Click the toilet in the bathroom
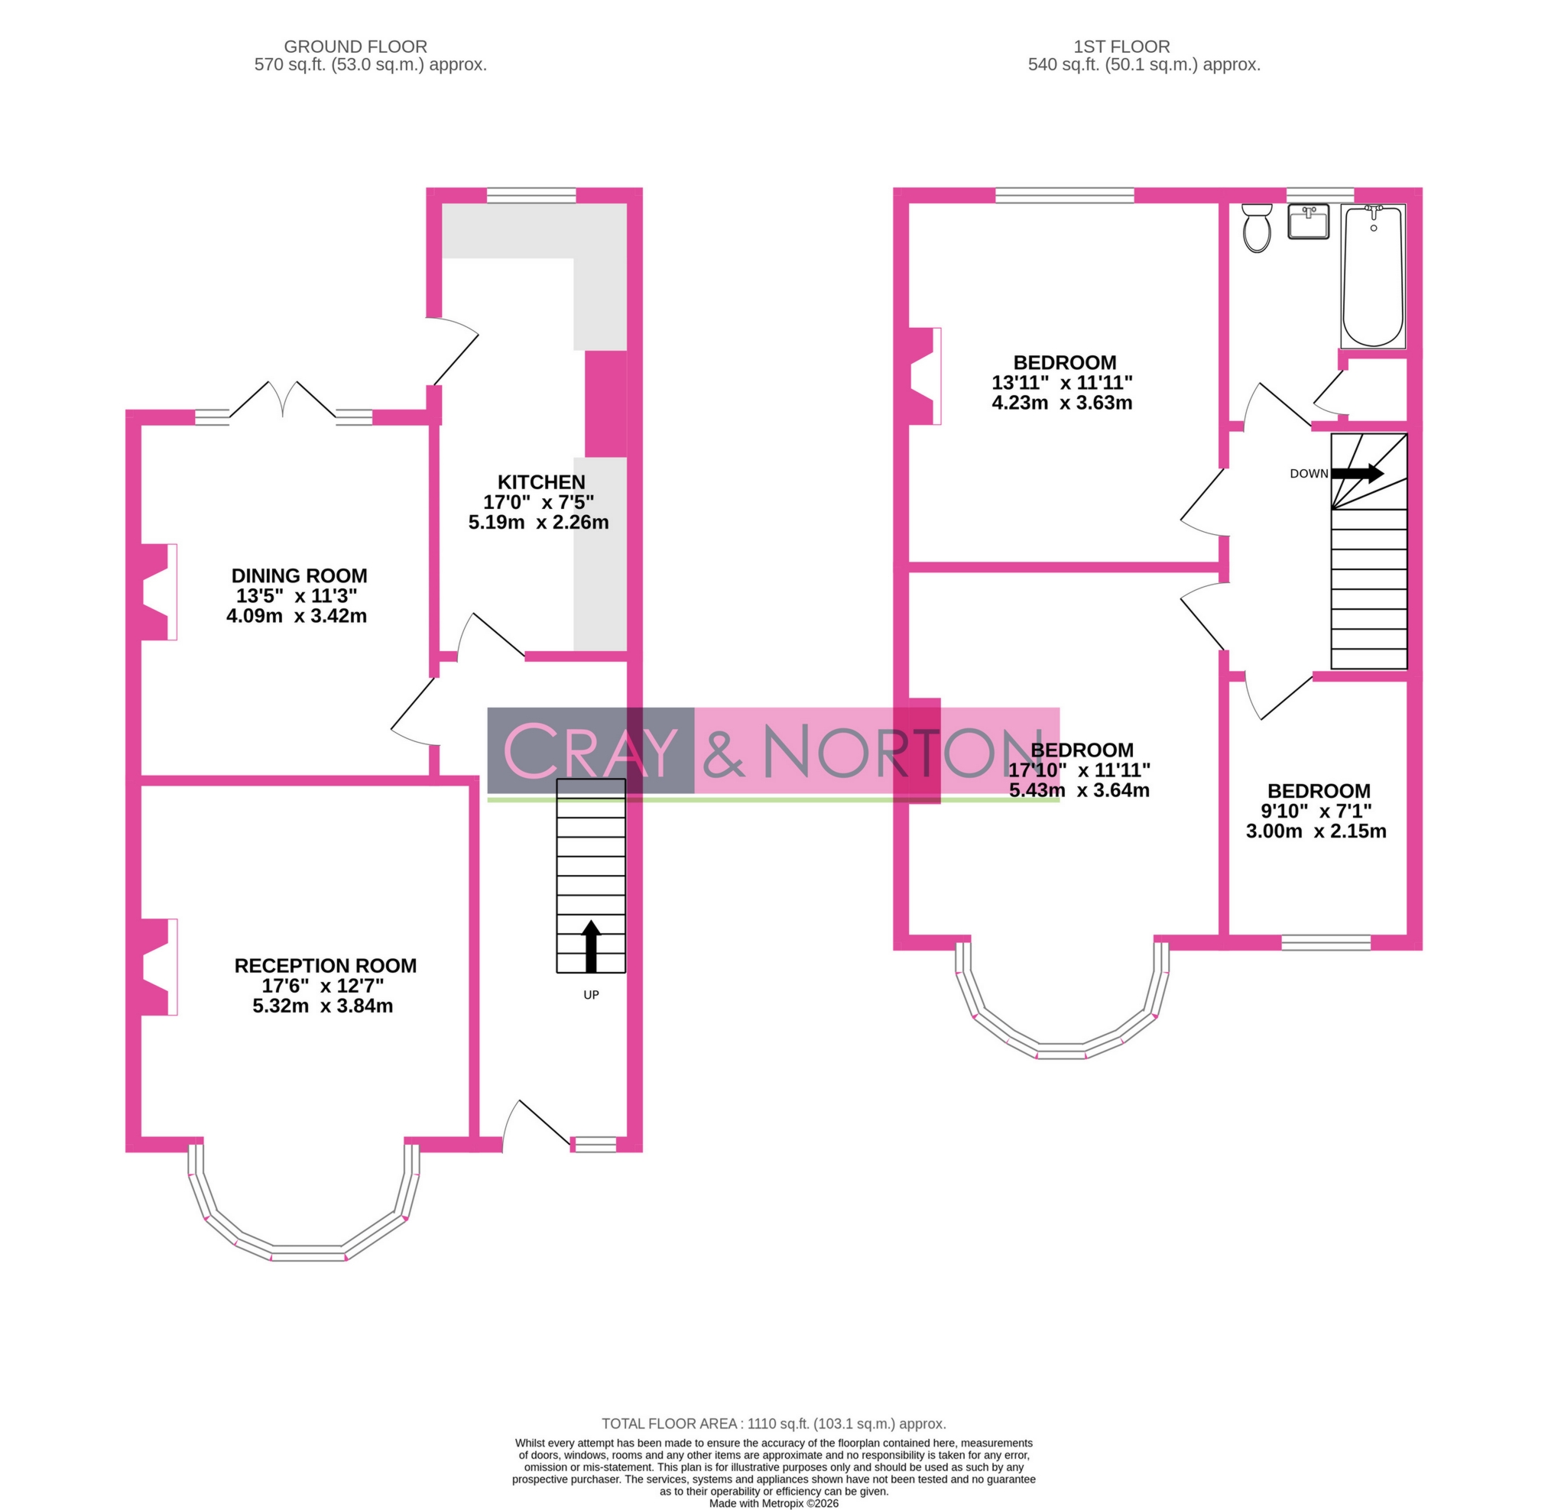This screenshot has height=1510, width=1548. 1257,228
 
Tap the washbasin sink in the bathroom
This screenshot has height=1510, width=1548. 1309,222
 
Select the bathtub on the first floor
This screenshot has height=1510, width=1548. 1373,276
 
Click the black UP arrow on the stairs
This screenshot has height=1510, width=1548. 591,945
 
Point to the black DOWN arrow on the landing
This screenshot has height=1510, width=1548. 1358,474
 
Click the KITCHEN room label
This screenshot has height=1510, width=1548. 541,482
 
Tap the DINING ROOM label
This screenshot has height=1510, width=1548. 299,575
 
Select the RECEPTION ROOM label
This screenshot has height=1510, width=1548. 326,965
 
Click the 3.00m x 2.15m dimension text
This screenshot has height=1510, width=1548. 1316,831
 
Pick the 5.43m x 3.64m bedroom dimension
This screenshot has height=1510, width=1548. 1079,790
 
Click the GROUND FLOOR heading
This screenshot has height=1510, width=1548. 355,47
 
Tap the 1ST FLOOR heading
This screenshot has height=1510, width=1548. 1122,47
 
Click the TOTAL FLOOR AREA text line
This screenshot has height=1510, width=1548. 774,1424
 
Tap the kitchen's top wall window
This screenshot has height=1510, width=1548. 531,195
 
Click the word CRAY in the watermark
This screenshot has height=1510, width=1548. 591,750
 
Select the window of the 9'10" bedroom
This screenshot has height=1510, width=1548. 1326,942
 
